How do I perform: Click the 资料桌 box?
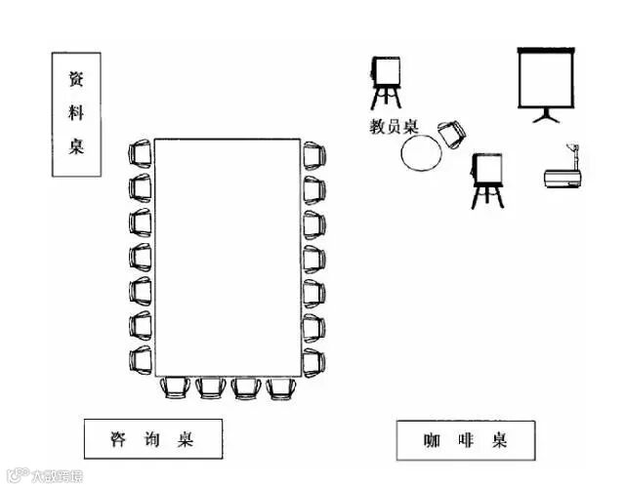coord(76,114)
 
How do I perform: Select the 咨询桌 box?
coord(152,439)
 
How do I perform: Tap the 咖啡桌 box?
coord(466,440)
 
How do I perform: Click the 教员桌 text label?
coord(394,126)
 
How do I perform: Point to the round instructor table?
coord(422,153)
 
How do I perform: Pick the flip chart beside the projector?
coord(486,179)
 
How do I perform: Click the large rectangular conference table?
coord(227,257)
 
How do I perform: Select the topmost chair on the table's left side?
coord(141,153)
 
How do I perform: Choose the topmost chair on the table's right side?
coord(312,155)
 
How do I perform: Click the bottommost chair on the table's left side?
coord(141,358)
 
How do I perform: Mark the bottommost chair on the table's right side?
coord(312,360)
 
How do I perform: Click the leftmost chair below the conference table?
coord(175,387)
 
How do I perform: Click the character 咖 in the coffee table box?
coord(431,440)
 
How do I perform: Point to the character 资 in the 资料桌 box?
coord(76,79)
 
